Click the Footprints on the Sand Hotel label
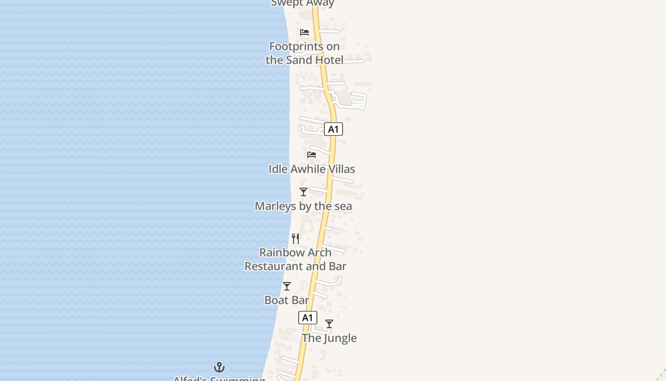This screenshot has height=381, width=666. pos(304,53)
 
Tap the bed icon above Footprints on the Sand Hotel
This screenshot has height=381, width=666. pos(304,32)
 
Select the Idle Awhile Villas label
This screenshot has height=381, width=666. pos(312,169)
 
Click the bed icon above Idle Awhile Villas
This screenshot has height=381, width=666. pos(312,155)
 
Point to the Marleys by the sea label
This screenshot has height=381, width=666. pos(303,206)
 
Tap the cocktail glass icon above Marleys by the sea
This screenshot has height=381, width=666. pos(304,192)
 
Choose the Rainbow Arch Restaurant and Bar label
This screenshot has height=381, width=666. pos(295,259)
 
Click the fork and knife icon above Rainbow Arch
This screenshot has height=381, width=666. pos(296,238)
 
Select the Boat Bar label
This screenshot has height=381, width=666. pos(287,300)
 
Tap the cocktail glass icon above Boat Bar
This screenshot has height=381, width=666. pos(287,286)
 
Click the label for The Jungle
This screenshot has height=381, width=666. pos(329,338)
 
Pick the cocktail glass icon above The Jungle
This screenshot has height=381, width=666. pos(329,324)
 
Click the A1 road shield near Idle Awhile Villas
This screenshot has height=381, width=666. pos(333,129)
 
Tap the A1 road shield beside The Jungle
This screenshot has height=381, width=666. pos(308,318)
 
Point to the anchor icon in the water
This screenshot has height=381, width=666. pos(219,367)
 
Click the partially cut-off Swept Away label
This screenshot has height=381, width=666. pos(303,3)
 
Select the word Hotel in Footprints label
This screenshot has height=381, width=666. pos(328,60)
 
